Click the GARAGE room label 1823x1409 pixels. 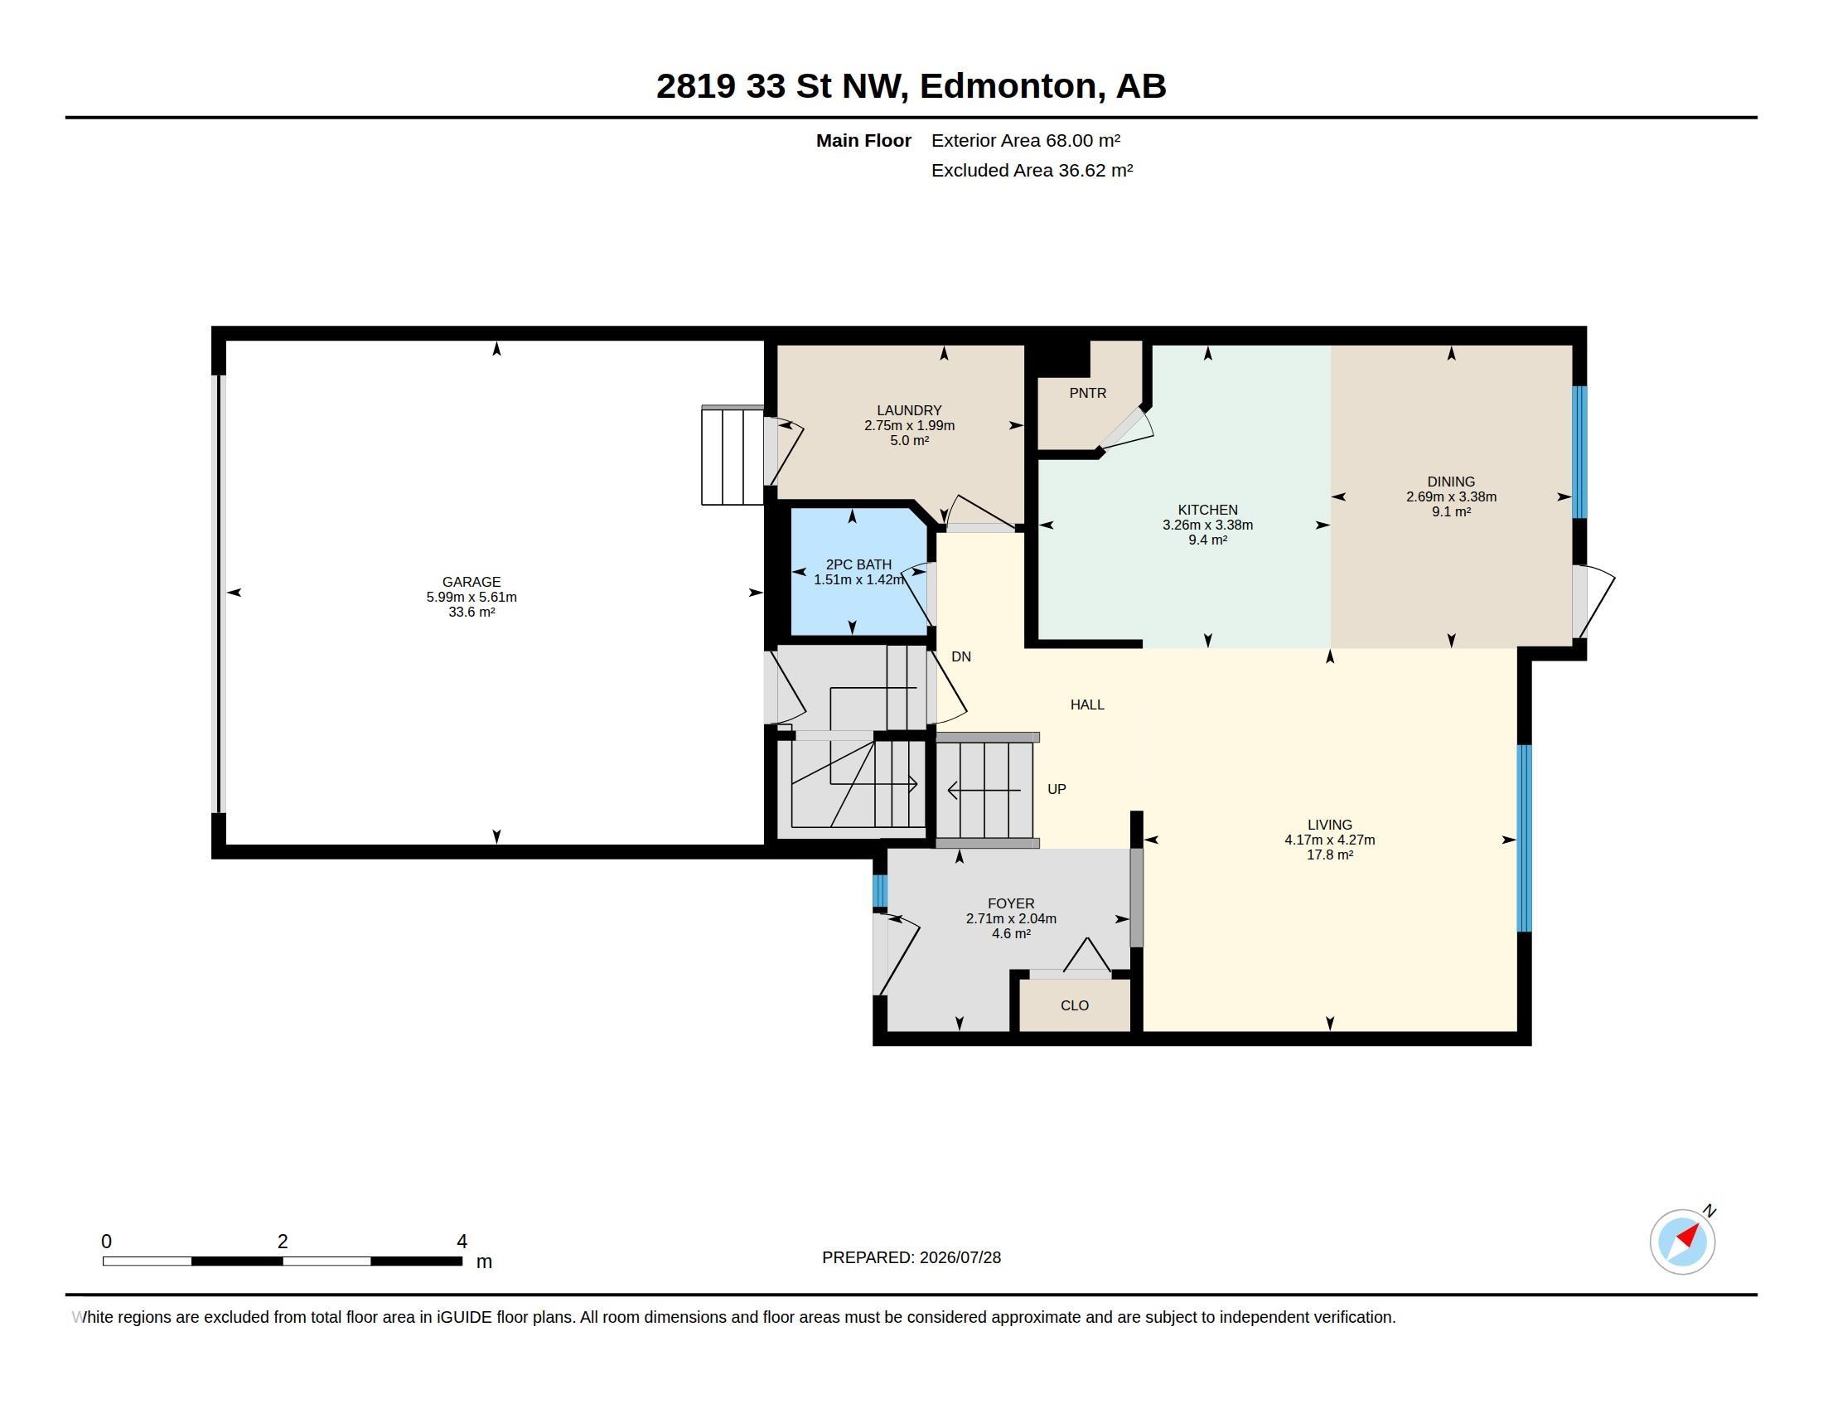point(471,582)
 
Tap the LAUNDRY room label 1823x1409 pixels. point(909,409)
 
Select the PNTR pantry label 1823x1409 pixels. point(1088,392)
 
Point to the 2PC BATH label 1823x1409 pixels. point(858,564)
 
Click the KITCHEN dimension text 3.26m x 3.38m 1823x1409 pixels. point(1208,525)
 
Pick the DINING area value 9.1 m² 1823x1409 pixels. point(1451,511)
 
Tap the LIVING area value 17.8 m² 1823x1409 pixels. point(1330,855)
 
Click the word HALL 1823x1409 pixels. point(1087,704)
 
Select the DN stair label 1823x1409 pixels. point(960,657)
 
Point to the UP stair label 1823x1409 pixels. point(1057,789)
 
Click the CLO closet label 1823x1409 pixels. point(1074,1005)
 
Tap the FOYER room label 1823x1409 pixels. point(1011,903)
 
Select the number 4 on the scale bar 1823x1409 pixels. point(462,1242)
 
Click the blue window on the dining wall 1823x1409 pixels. point(1579,452)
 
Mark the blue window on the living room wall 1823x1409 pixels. point(1523,838)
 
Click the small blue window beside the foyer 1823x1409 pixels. point(880,891)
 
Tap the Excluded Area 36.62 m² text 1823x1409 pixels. point(1032,170)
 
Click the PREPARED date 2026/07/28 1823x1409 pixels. point(960,1257)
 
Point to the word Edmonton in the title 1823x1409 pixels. point(1008,86)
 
